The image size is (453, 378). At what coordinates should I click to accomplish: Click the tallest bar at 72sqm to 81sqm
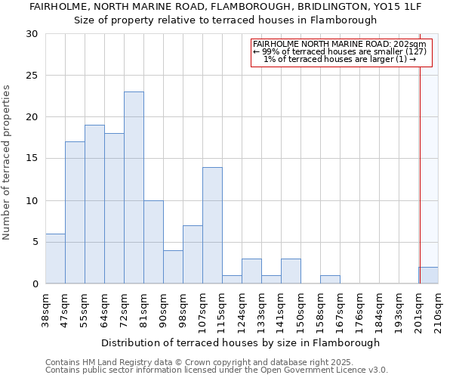click(x=134, y=187)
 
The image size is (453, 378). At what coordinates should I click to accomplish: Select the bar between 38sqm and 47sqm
click(x=55, y=259)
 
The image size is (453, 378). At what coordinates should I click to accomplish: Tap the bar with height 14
click(x=212, y=225)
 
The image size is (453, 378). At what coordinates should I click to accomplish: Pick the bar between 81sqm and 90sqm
click(x=153, y=242)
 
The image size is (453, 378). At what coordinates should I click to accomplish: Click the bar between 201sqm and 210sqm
click(x=428, y=275)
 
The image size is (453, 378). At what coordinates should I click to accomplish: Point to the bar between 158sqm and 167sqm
click(x=330, y=280)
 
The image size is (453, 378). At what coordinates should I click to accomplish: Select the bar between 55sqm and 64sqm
click(x=94, y=204)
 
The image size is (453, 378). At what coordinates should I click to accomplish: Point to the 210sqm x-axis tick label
click(x=439, y=310)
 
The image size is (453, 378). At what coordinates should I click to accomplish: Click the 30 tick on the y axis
click(x=32, y=34)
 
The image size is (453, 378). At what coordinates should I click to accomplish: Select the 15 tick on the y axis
click(x=32, y=159)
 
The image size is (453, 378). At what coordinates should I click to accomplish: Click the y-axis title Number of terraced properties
click(x=8, y=162)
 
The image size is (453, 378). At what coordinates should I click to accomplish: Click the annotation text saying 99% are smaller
click(x=340, y=51)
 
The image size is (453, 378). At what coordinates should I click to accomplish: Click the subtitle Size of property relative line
click(x=225, y=20)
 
